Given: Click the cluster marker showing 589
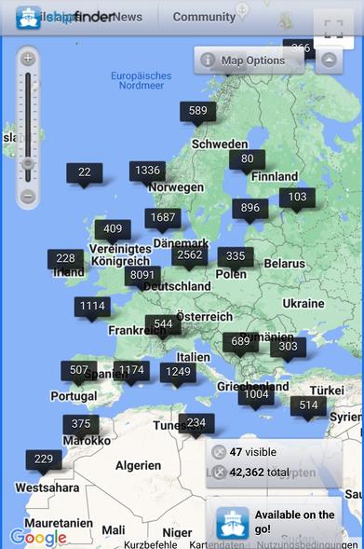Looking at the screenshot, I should click(x=197, y=111).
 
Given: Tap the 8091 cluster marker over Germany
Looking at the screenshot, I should click(x=142, y=275).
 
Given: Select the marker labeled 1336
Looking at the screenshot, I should click(x=147, y=171).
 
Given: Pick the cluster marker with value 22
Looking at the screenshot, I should click(x=85, y=172).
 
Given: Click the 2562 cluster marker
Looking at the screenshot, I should click(x=189, y=254).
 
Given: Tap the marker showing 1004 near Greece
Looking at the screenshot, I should click(x=254, y=394).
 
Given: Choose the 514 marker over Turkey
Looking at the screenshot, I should click(x=308, y=405).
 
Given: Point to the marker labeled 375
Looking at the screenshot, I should click(x=81, y=424).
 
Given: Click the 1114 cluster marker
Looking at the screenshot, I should click(x=92, y=306).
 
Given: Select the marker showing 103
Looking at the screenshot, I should click(x=297, y=198).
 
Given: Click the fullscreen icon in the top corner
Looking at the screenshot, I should click(x=334, y=29).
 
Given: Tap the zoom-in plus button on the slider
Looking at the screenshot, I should click(x=28, y=59).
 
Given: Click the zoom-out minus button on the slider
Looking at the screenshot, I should click(x=28, y=197).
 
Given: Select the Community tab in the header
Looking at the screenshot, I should click(x=204, y=17).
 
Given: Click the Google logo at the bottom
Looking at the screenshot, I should click(x=38, y=538).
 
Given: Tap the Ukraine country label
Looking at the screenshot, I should click(x=303, y=304).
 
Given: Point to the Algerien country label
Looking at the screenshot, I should click(x=138, y=465).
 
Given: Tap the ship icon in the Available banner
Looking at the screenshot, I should click(x=232, y=521).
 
